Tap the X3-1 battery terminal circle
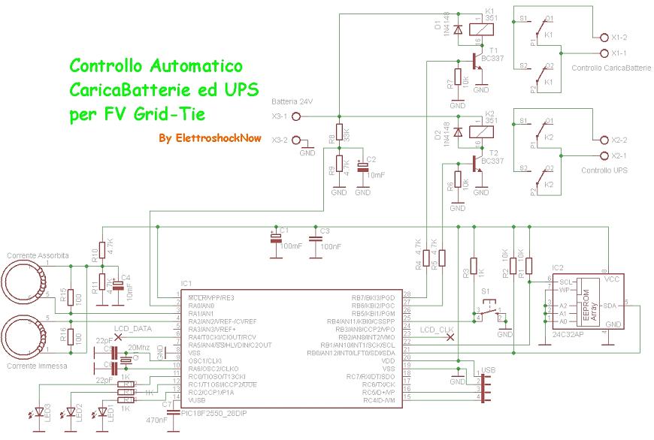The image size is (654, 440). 296,116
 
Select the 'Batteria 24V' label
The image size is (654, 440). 292,101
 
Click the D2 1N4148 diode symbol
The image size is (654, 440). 458,133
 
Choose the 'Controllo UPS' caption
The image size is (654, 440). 605,171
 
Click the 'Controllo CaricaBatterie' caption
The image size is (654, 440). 611,68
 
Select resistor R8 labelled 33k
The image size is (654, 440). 338,136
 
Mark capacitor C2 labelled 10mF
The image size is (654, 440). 363,168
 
